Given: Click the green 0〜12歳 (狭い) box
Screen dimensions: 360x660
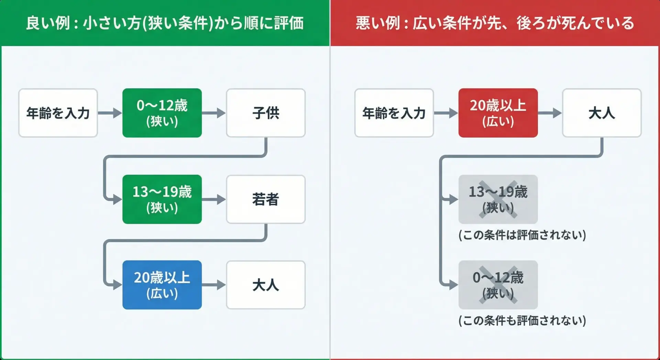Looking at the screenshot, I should pos(162,113).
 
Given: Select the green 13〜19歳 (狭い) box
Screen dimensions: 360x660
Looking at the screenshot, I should pos(162,199).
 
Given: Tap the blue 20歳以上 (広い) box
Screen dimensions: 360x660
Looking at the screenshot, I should pos(162,285).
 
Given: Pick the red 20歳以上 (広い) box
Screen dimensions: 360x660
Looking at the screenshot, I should pos(498,113).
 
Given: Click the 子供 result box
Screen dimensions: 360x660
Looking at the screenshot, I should pos(266,113).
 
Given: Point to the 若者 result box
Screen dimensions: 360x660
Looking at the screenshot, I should pos(266,199).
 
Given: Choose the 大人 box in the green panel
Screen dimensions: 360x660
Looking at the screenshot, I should pos(266,285).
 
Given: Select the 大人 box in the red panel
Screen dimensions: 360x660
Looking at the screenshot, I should pos(602,113).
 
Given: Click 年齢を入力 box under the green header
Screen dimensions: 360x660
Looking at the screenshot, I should pos(58,113).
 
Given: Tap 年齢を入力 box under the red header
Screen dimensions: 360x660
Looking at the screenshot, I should pos(394,113).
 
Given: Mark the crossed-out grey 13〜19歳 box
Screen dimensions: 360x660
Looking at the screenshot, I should pos(498,199).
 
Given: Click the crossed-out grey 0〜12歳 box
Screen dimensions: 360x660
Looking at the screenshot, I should pos(498,285).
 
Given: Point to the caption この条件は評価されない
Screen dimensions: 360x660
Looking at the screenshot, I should pos(522,235).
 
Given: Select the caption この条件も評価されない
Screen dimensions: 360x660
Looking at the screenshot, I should pos(522,320).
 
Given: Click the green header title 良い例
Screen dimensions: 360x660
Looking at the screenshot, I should pos(165,23).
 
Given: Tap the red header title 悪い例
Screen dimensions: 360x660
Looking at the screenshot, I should pos(495,23).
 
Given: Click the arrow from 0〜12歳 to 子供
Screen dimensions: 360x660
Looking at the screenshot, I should pos(214,113).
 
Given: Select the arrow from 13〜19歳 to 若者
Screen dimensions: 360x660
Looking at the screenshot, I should pos(214,199).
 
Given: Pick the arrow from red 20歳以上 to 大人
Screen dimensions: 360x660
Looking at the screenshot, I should pos(550,113).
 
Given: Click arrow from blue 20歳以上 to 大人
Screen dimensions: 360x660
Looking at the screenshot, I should pos(214,285).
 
